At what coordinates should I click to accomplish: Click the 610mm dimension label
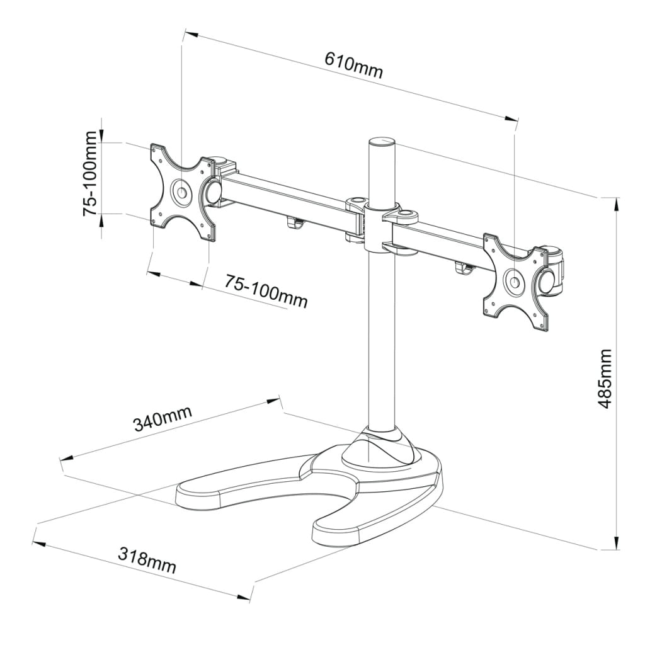[353, 64]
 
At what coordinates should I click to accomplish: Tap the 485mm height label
[605, 378]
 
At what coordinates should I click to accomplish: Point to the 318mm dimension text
[147, 560]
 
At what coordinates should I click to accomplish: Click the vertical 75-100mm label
[91, 174]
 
